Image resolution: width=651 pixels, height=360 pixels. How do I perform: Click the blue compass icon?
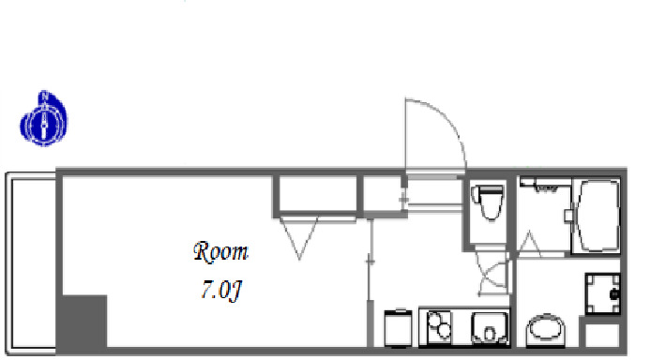click(x=44, y=119)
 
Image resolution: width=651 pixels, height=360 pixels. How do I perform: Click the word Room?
click(x=220, y=252)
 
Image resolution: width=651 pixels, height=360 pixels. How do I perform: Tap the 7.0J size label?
click(x=221, y=290)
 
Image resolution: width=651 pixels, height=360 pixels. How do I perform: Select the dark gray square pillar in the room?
click(x=84, y=321)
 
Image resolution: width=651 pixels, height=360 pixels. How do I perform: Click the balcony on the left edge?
click(x=30, y=263)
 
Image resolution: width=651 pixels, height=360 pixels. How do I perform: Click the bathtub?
click(x=597, y=216)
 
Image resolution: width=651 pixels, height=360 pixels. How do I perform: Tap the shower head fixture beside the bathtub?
click(x=545, y=187)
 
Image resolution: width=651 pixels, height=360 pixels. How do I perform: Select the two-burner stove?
click(x=438, y=326)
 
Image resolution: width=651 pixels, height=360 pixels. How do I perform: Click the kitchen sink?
click(x=489, y=327)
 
